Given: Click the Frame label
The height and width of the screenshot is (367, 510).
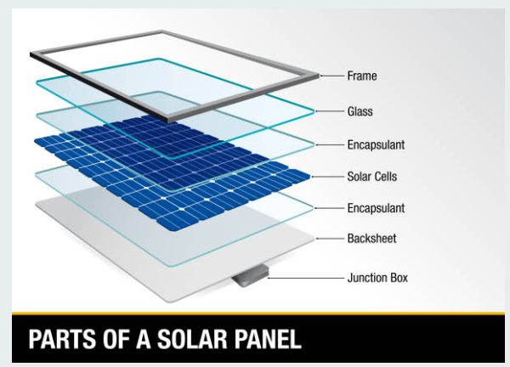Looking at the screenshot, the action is coord(362,76).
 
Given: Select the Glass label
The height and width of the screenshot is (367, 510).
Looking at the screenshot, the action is coord(360,111).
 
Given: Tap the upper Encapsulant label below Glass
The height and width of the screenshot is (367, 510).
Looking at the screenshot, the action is coord(376,145).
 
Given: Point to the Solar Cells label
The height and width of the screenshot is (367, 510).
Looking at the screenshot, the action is coord(372,177).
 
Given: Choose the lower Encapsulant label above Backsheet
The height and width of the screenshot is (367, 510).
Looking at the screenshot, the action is coord(376,208).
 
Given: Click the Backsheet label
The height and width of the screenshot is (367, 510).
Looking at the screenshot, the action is coord(371,238).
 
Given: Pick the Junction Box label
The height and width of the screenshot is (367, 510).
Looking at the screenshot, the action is coord(377,278).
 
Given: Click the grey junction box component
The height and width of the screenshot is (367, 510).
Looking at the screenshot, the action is coord(251,275).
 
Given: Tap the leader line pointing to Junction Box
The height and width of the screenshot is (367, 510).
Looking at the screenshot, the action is coord(306,279).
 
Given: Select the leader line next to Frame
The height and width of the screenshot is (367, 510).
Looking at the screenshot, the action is coord(331,76).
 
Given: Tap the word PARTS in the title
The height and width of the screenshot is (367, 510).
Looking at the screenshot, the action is coord(62,339).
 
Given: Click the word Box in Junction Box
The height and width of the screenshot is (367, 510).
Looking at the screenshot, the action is coord(398,278).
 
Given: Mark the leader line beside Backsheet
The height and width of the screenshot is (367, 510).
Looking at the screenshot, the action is coord(330,239).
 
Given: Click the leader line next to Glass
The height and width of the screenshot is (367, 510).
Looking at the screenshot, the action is coord(330,111).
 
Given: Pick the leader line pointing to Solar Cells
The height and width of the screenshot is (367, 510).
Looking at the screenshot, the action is coord(328,177).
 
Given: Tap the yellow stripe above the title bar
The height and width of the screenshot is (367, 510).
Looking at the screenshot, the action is coord(258,313).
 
